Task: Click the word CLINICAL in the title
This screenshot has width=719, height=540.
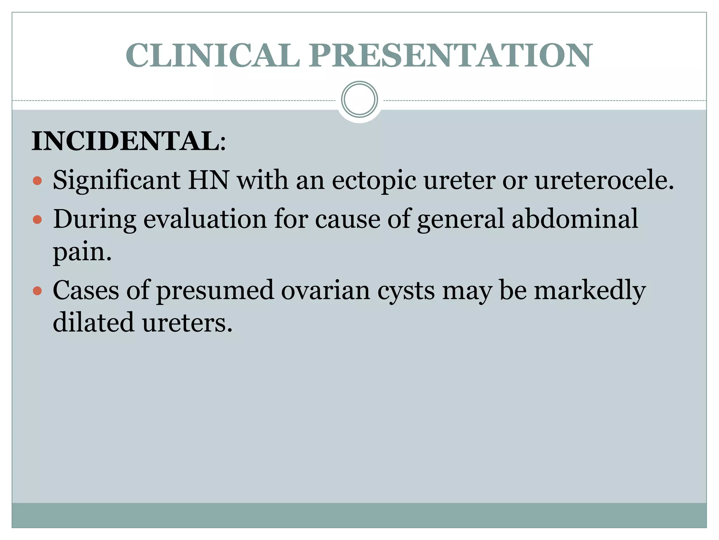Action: pos(213,56)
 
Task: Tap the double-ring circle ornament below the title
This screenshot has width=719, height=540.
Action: pos(359,99)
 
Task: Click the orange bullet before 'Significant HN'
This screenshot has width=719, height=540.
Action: pos(37,181)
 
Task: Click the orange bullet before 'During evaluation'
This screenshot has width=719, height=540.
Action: pos(37,220)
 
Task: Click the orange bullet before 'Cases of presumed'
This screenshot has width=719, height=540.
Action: pos(37,291)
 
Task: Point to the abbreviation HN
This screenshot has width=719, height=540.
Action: pos(208,180)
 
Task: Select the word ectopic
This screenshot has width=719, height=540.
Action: pos(374,181)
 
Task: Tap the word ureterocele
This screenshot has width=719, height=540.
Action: pos(604,180)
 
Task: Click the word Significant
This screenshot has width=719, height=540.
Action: pos(117,181)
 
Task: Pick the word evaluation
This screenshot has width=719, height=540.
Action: pos(205,219)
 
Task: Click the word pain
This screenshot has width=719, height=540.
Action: pos(82,252)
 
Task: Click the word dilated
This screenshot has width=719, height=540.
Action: pos(93,322)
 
